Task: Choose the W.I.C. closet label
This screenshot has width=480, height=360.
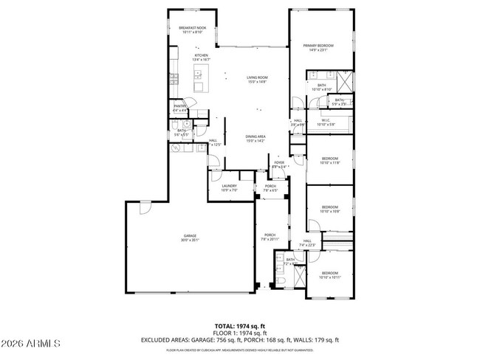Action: pyautogui.click(x=326, y=122)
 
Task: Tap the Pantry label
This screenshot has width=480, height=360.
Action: pyautogui.click(x=179, y=108)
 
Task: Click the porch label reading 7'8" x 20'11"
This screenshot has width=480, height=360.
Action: pyautogui.click(x=270, y=237)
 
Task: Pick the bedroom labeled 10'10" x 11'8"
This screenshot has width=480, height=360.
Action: pyautogui.click(x=329, y=160)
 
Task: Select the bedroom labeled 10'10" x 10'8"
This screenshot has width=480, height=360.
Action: pyautogui.click(x=329, y=209)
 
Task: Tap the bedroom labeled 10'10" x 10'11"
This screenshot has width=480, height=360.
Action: pyautogui.click(x=329, y=274)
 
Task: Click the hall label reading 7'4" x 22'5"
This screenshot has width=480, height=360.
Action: pyautogui.click(x=307, y=243)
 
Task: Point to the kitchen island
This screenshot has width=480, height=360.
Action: pyautogui.click(x=199, y=72)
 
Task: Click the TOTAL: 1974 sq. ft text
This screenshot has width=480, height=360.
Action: pyautogui.click(x=240, y=325)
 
